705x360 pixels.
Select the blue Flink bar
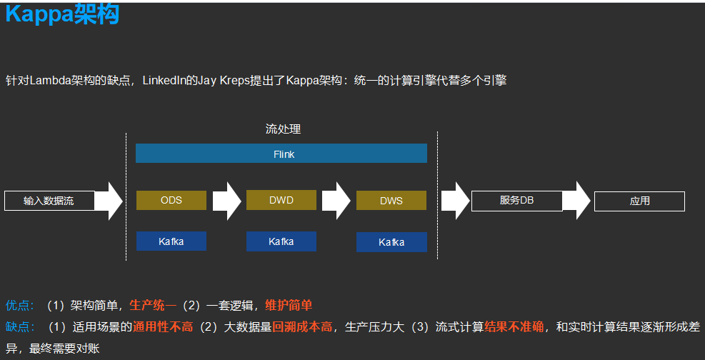point(281,154)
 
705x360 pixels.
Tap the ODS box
point(171,201)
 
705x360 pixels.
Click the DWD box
point(281,201)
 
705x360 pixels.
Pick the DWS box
point(391,201)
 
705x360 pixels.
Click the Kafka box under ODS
point(171,241)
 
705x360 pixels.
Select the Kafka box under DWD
point(281,242)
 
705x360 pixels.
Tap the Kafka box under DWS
point(391,243)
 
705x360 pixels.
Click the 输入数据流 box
point(49,201)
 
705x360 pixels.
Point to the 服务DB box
point(516,201)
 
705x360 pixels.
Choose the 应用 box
point(639,201)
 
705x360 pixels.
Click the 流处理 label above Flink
point(283,129)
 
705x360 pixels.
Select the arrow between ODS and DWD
point(226,201)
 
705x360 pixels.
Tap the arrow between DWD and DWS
point(336,201)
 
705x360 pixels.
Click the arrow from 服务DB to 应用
point(577,201)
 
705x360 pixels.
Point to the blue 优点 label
point(19,305)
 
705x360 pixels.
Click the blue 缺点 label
point(19,327)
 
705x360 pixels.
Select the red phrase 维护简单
point(289,305)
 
